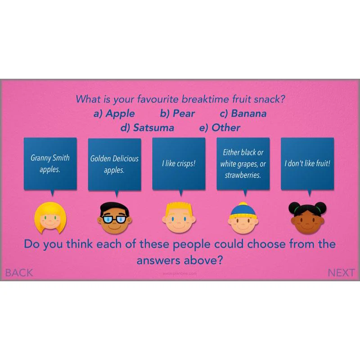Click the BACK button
pyautogui.click(x=19, y=273)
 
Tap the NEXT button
pyautogui.click(x=341, y=273)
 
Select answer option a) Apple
pyautogui.click(x=114, y=114)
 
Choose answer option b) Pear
pyautogui.click(x=177, y=114)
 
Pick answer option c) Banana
pyautogui.click(x=243, y=114)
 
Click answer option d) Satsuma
pyautogui.click(x=148, y=128)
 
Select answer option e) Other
pyautogui.click(x=220, y=128)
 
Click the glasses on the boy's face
pyautogui.click(x=114, y=219)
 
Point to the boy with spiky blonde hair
pyautogui.click(x=179, y=217)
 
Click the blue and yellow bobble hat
pyautogui.click(x=243, y=211)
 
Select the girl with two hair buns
pyautogui.click(x=307, y=217)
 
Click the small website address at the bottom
pyautogui.click(x=180, y=274)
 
